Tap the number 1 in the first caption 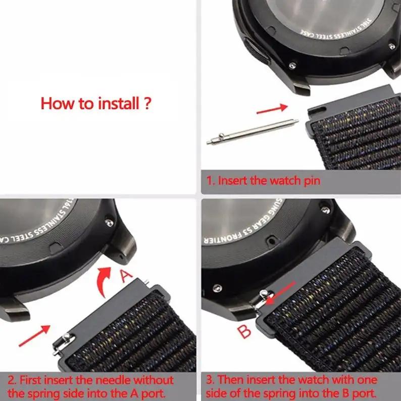point(209,181)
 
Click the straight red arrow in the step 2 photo point(34,336)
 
